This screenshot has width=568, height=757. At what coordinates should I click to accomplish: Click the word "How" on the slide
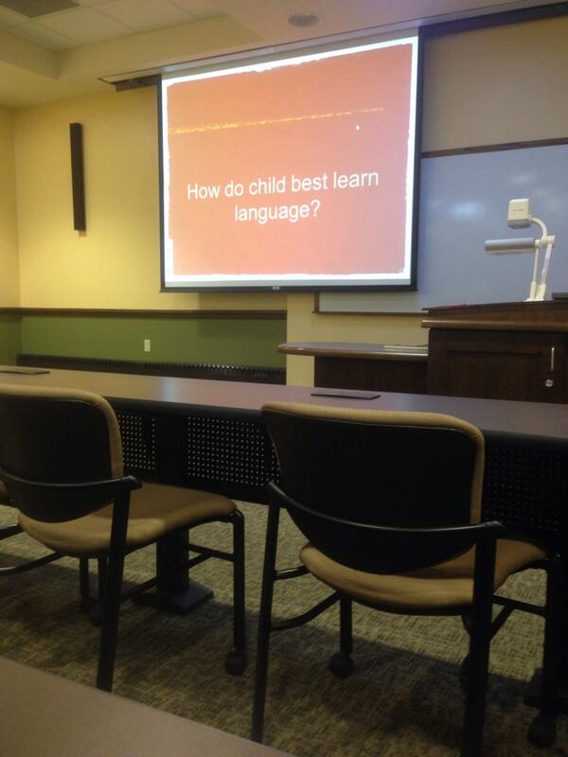[x=202, y=190]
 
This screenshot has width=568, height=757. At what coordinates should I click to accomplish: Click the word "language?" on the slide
[x=275, y=212]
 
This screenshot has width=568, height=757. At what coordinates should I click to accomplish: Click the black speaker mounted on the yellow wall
[x=77, y=177]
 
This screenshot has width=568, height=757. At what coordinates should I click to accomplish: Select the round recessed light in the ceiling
[x=304, y=20]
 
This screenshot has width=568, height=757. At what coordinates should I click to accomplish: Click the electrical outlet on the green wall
[x=147, y=345]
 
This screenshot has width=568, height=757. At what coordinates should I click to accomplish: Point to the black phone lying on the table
[x=345, y=394]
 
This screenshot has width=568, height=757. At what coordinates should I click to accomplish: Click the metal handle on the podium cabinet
[x=552, y=361]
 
